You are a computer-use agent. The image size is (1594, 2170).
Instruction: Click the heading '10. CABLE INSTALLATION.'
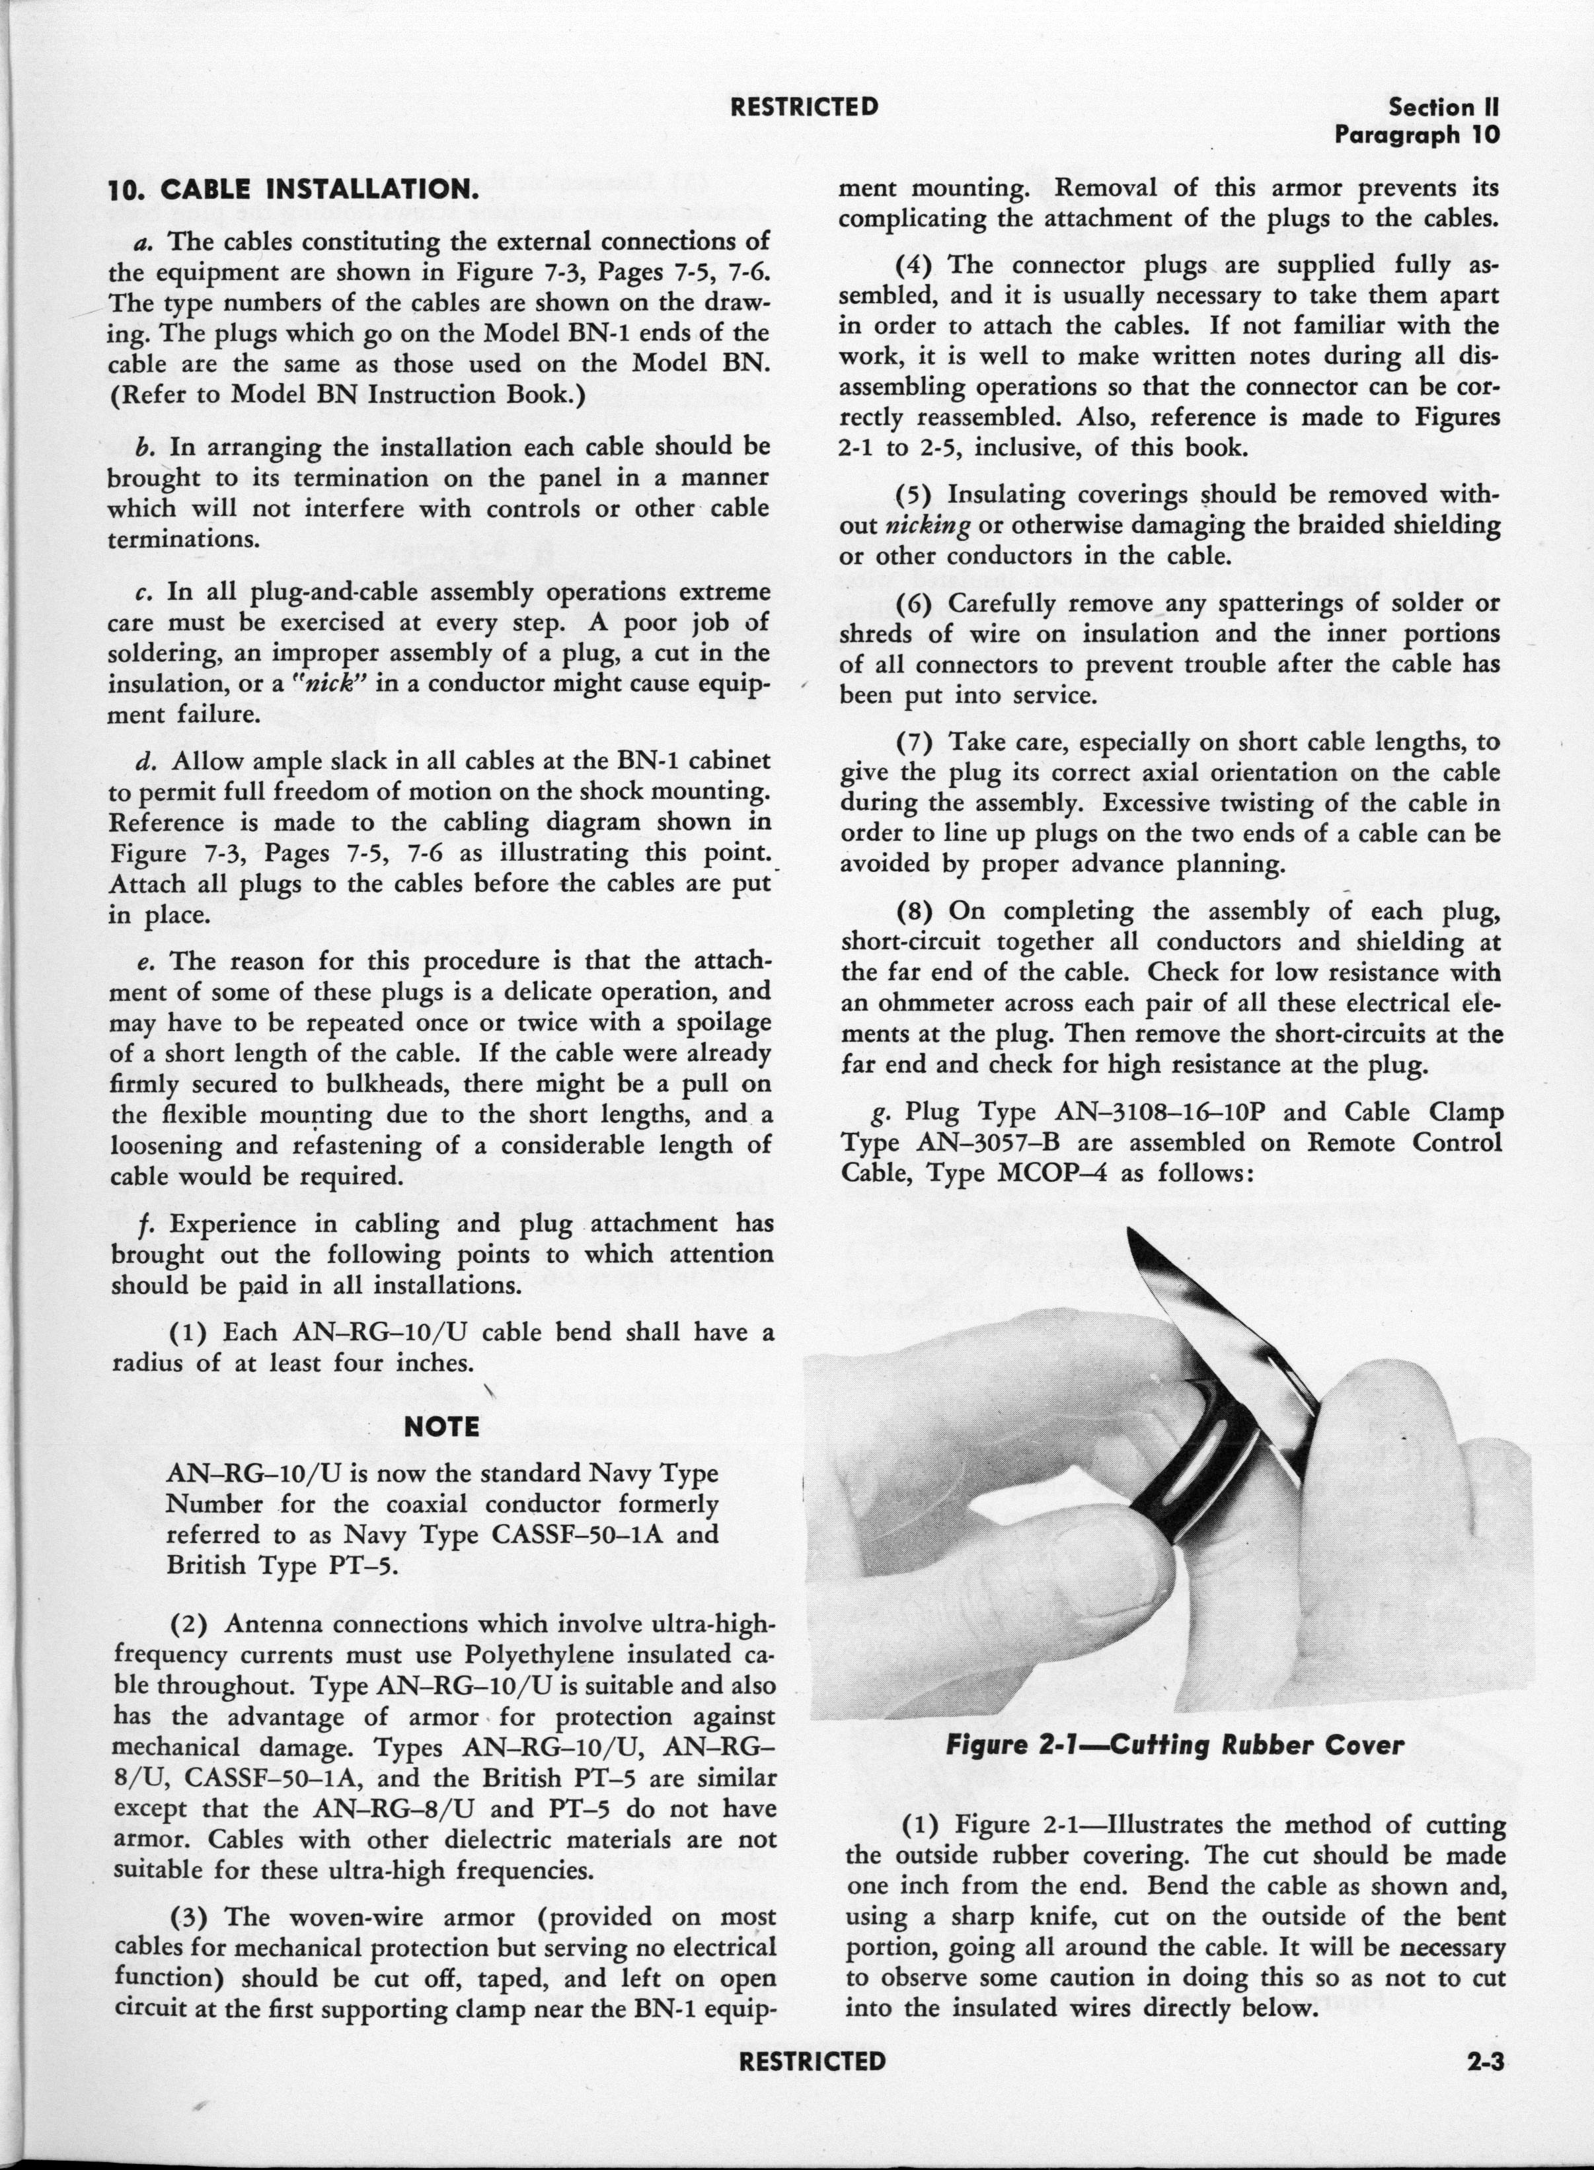coord(293,189)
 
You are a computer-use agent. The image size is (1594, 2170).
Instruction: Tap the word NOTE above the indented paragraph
coord(442,1426)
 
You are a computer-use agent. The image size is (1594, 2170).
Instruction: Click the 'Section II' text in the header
coord(1445,107)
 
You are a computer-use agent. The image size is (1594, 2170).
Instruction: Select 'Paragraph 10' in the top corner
coord(1418,134)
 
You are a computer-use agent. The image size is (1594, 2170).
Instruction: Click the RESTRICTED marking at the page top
coord(805,106)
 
